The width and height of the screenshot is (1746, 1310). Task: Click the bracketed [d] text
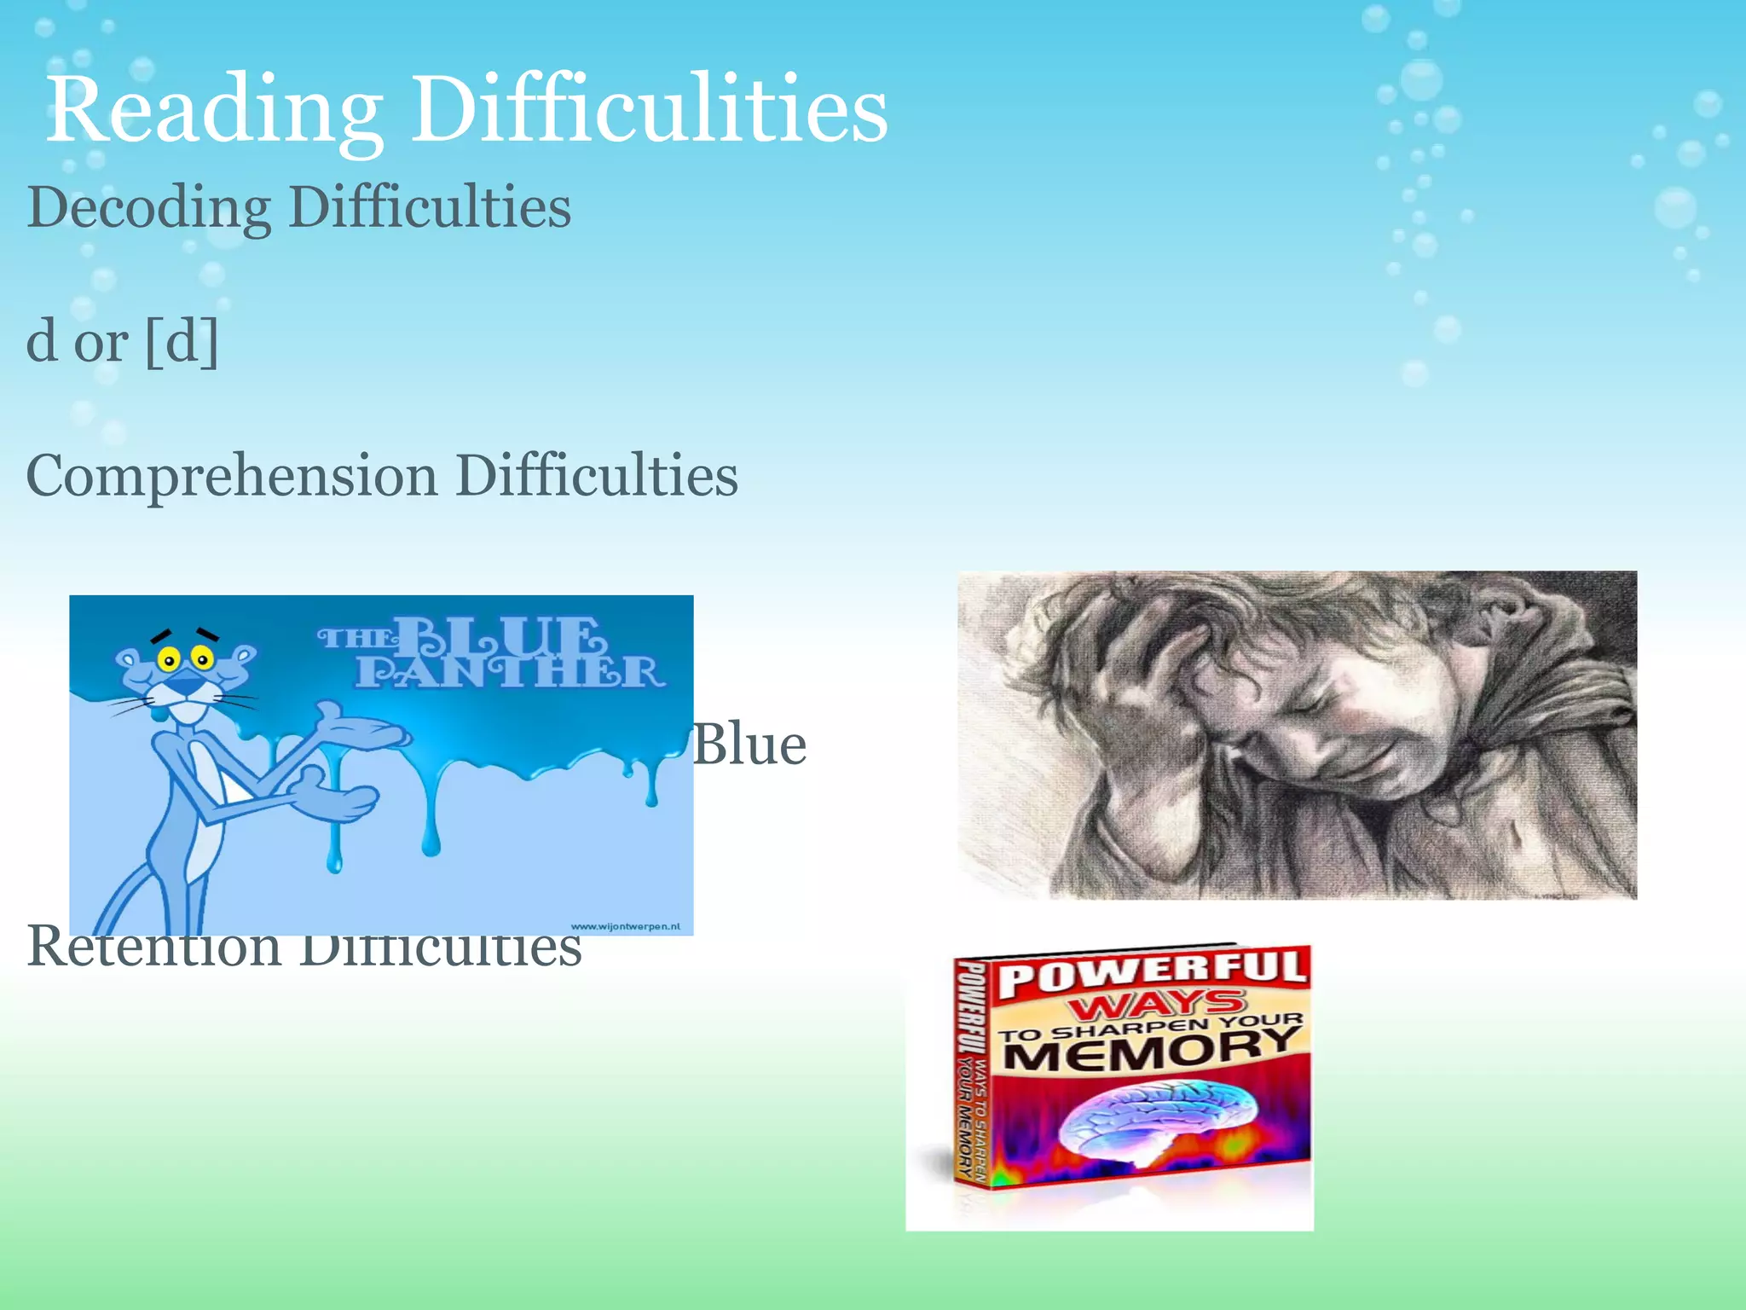click(x=182, y=341)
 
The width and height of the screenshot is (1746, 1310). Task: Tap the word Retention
click(x=153, y=947)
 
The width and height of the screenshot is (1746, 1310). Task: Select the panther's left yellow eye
click(x=170, y=659)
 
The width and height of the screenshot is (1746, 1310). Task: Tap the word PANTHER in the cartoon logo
click(x=509, y=673)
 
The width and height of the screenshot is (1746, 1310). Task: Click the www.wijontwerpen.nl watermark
click(x=625, y=926)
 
